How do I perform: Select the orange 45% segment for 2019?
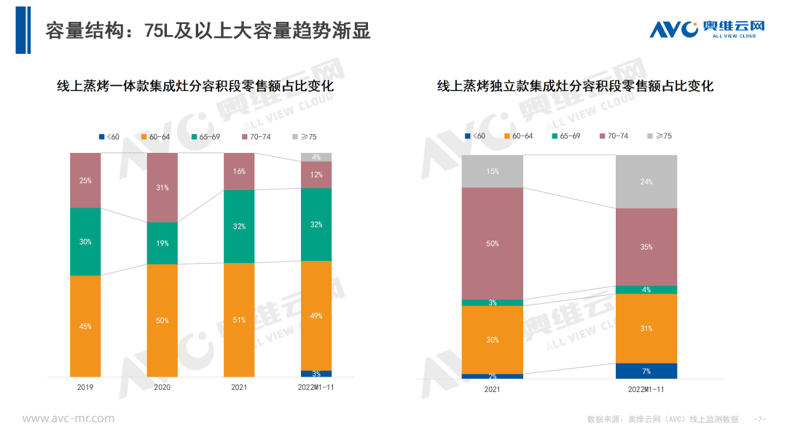click(85, 326)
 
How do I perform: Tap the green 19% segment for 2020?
click(163, 243)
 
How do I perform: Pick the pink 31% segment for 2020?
click(163, 188)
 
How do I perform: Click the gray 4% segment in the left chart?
click(316, 157)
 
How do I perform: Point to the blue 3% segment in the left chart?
click(316, 374)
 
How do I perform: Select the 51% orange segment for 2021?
click(239, 319)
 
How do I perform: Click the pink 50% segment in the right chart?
click(493, 243)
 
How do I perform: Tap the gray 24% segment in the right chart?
click(646, 181)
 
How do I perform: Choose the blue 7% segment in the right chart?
click(646, 371)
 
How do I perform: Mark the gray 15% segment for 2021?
click(493, 171)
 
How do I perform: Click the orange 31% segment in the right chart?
click(646, 329)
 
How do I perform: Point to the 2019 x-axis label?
click(85, 388)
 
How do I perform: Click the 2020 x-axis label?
click(162, 388)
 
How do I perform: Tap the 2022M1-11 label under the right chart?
click(646, 390)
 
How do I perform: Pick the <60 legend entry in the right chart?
click(475, 136)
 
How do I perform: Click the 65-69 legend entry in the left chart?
click(207, 137)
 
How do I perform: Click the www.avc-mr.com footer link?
click(68, 418)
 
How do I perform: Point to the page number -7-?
click(760, 420)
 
